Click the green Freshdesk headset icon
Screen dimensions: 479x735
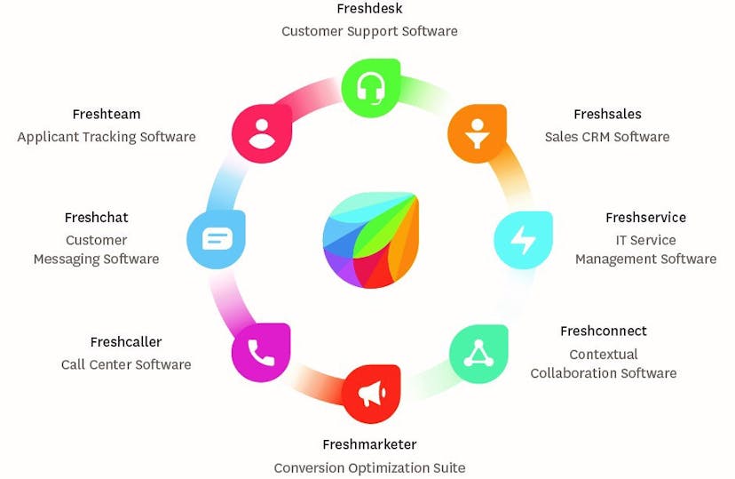[x=370, y=88]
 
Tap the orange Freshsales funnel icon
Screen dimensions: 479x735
[x=477, y=133]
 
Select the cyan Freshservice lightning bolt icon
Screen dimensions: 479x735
[x=523, y=240]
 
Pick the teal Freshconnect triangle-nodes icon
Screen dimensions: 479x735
[x=478, y=354]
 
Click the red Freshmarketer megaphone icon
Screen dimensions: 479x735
[x=370, y=394]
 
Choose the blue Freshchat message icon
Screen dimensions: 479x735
[x=216, y=239]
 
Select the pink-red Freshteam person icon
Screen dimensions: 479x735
[x=262, y=133]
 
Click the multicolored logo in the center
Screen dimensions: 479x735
[x=370, y=239]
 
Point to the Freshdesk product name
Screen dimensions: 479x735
[x=369, y=9]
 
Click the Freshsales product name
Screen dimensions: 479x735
[x=607, y=114]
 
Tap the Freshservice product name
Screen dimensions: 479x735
[x=645, y=217]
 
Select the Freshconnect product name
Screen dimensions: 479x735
[x=603, y=331]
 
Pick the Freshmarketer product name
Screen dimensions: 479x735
[x=369, y=444]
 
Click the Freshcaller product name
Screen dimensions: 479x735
[x=126, y=342]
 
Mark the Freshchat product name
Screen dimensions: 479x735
[x=97, y=218]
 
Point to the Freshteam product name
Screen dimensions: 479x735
[x=107, y=114]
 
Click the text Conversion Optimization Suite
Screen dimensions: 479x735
[x=369, y=467]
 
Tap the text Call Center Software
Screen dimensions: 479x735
[x=126, y=364]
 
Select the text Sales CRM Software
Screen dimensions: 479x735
[x=607, y=137]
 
